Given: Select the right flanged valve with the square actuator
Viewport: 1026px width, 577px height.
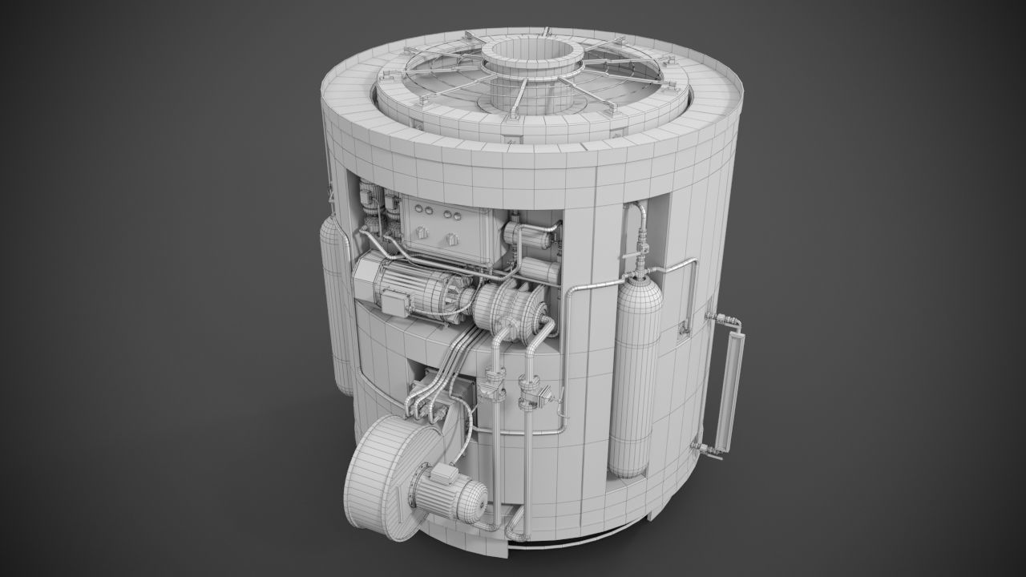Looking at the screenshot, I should [x=532, y=393].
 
